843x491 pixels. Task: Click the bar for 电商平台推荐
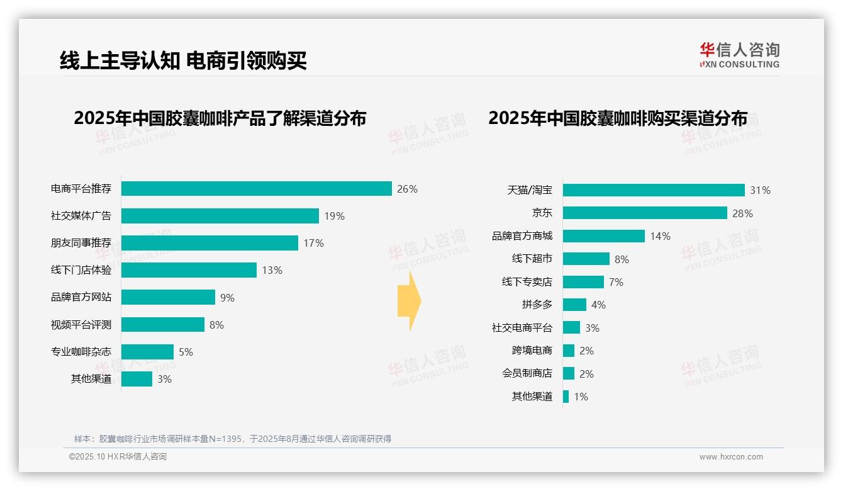tap(257, 189)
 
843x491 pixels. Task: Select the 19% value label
tap(334, 216)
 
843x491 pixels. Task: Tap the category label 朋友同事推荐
tap(81, 243)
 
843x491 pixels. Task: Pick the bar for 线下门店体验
tap(189, 270)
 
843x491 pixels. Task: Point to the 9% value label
tap(227, 298)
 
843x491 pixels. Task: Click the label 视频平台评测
tap(81, 325)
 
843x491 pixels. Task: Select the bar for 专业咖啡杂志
tap(147, 352)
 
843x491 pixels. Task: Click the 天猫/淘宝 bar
tap(654, 190)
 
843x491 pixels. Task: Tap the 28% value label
tap(742, 213)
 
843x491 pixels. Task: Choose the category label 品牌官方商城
tap(522, 236)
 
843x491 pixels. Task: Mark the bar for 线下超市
tap(586, 259)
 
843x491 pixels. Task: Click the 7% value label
tap(616, 282)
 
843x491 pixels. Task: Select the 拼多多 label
tap(537, 305)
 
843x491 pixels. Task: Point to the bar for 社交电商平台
tap(571, 327)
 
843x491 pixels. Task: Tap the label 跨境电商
tap(532, 351)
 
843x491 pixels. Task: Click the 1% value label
tap(581, 397)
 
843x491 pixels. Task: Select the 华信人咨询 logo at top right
tap(739, 55)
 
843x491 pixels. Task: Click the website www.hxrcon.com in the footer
tap(731, 457)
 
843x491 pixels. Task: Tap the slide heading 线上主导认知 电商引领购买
tap(183, 61)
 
